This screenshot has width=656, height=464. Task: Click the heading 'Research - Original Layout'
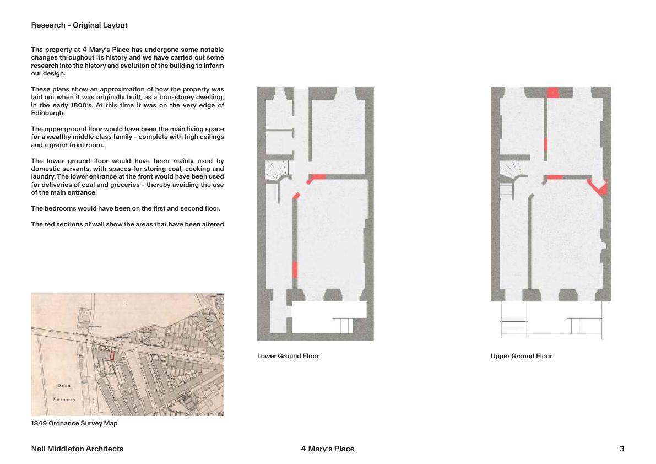tap(79, 25)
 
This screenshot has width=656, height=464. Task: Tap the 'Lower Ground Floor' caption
tap(288, 356)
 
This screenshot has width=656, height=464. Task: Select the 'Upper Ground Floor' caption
tap(521, 356)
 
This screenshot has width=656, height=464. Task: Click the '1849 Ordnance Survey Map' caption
tap(74, 423)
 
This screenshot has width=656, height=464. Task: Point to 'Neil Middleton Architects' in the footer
tap(77, 449)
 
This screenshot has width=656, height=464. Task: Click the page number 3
tap(622, 449)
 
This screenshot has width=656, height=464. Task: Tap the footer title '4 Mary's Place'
tap(328, 449)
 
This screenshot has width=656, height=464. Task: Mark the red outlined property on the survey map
tap(112, 356)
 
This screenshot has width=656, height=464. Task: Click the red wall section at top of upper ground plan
tap(552, 93)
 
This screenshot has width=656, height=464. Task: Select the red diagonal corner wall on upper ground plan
tap(599, 187)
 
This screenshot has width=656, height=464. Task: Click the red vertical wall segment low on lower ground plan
tap(295, 269)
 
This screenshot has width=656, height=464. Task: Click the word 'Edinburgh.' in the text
tap(48, 113)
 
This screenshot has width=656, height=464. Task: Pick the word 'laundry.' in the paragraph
tap(42, 176)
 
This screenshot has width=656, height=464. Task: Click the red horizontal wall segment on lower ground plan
tap(318, 176)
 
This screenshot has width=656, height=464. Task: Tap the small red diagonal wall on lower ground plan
tap(296, 196)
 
